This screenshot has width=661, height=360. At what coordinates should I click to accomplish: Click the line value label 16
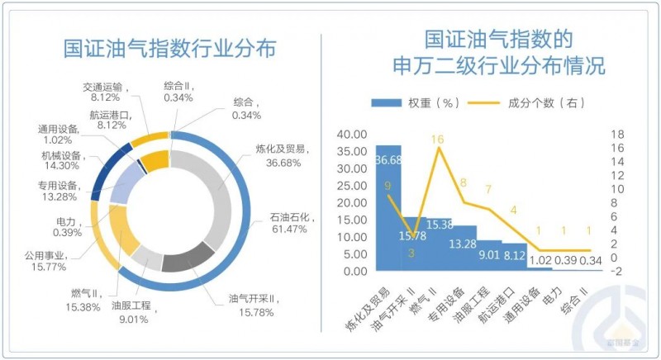(439, 140)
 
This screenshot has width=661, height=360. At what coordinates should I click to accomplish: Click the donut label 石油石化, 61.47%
(292, 224)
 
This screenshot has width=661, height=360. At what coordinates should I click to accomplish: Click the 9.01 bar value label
(489, 255)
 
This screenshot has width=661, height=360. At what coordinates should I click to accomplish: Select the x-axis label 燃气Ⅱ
(435, 298)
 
